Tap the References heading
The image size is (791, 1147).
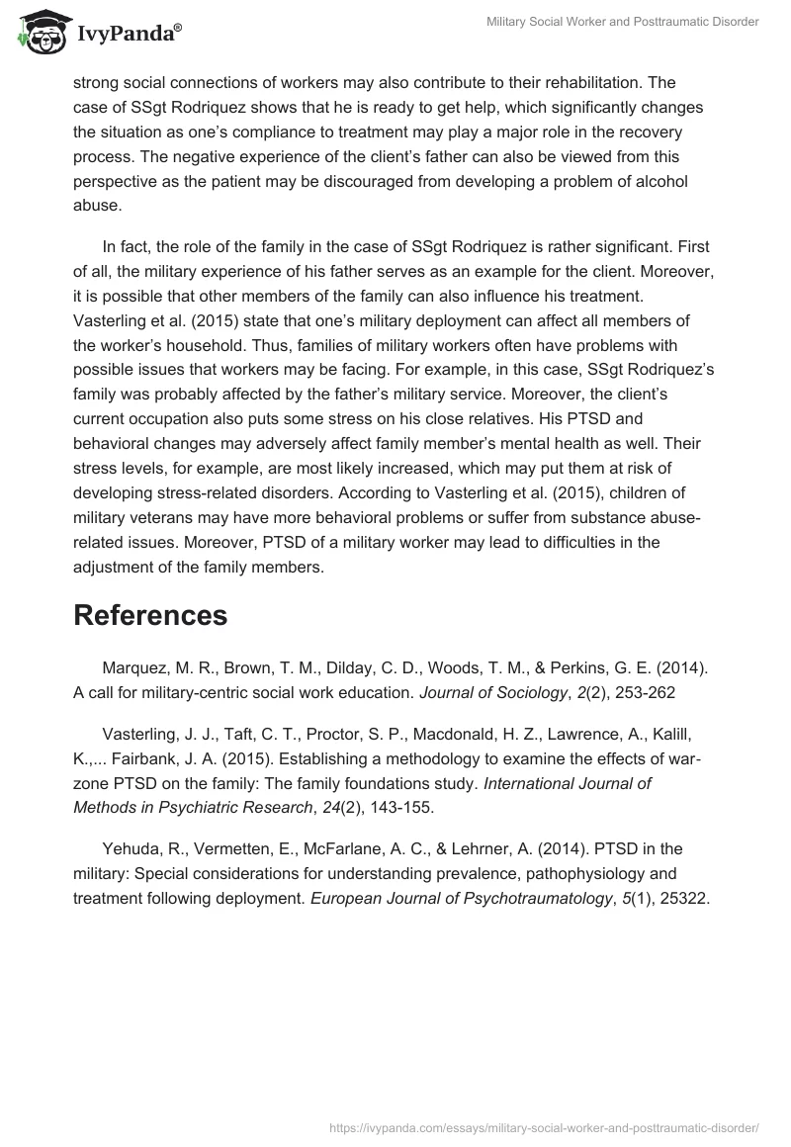150,615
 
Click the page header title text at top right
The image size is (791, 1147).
623,23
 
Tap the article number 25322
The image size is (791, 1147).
683,899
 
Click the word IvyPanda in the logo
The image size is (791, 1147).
123,34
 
